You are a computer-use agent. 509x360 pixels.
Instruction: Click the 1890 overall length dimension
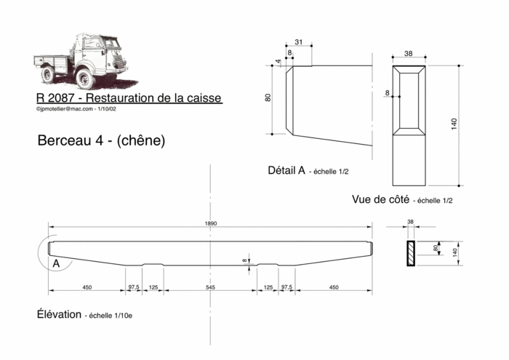pos(211,223)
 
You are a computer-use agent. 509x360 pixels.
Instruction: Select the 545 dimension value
pos(211,288)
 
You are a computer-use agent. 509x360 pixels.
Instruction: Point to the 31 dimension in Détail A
pos(298,41)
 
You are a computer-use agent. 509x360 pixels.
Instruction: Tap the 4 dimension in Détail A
pos(278,62)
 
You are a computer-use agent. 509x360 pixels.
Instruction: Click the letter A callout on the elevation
pos(56,264)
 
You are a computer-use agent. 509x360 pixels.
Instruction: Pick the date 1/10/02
pos(111,109)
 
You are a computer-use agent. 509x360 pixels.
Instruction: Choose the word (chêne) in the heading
pos(140,140)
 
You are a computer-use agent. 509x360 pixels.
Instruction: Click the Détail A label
pos(286,170)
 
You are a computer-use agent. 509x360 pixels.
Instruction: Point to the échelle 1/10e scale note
pos(110,316)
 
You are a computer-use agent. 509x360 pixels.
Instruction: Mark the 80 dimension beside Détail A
pos(268,97)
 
